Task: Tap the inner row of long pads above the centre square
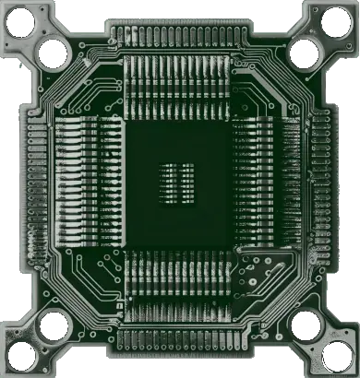point(180,88)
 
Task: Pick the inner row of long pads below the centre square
point(180,277)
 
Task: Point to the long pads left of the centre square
point(88,184)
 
